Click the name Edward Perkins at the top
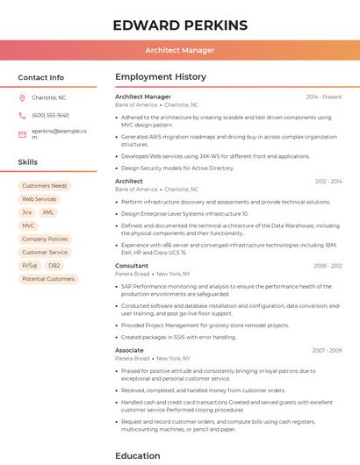180,25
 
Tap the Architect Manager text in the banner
180,50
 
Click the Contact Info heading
41,77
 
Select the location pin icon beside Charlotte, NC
22,97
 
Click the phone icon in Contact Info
22,115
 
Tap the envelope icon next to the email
22,134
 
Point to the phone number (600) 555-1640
50,115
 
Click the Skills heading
28,162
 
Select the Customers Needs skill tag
45,186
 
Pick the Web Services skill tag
40,199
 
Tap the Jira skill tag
26,212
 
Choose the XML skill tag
48,212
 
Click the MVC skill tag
29,225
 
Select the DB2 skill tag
54,265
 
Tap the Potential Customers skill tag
48,279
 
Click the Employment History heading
161,77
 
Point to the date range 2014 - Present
324,97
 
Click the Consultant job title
132,265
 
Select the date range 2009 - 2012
328,265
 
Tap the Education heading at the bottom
138,455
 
